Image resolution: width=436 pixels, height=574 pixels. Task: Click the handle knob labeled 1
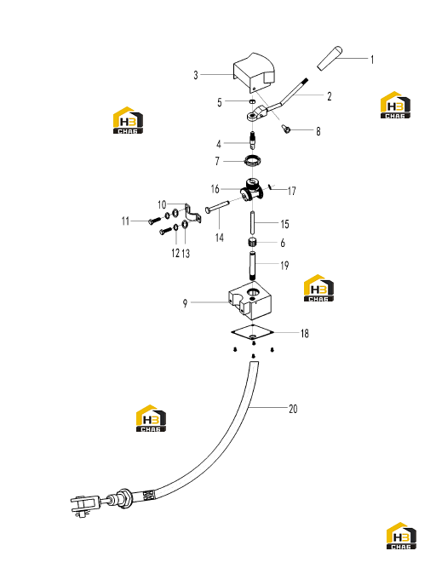(330, 58)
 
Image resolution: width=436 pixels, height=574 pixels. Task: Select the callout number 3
(196, 75)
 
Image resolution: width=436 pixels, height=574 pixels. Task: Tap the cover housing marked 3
(254, 72)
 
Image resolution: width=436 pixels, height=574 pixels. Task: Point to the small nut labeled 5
(252, 100)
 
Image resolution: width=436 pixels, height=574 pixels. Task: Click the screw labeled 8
(286, 128)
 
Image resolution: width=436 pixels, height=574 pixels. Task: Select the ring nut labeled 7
(252, 160)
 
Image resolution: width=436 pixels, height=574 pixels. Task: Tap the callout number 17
(292, 191)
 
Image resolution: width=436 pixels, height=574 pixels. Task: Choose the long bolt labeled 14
(217, 206)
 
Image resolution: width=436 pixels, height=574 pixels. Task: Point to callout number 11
(125, 221)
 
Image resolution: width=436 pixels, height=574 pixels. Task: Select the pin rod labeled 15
(253, 223)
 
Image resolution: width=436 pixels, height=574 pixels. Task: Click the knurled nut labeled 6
(252, 243)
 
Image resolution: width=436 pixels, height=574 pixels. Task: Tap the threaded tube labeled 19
(252, 265)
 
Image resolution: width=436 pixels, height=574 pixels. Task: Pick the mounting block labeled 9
(250, 302)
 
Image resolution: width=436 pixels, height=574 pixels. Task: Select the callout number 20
(293, 409)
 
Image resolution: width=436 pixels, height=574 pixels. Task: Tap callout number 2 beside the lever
(330, 96)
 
